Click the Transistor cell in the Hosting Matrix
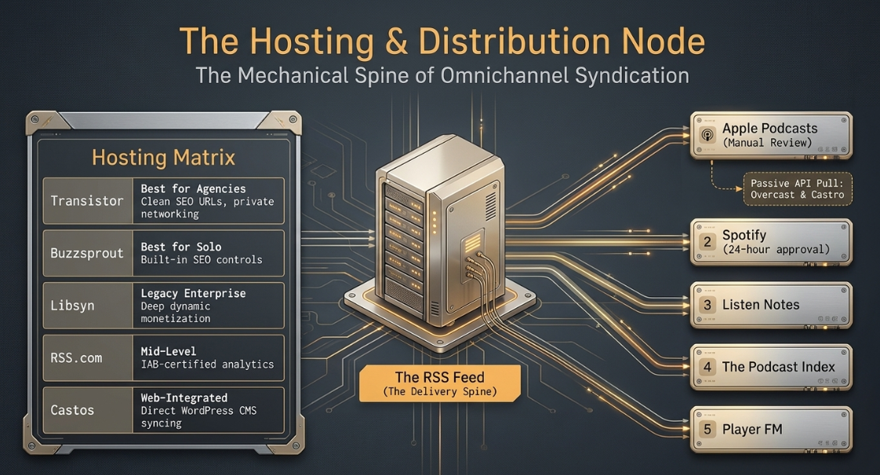click(87, 201)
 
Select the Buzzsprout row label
click(87, 253)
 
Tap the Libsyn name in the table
click(72, 306)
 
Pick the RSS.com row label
click(76, 357)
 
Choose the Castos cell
click(87, 410)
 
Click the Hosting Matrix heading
click(163, 158)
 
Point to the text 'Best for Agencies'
click(193, 188)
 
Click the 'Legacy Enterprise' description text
click(193, 293)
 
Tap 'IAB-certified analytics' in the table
click(207, 364)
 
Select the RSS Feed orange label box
click(440, 383)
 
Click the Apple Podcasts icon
click(707, 135)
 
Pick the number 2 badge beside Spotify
click(707, 241)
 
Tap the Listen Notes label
click(761, 304)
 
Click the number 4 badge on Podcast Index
click(707, 367)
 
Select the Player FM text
click(752, 430)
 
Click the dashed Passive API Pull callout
click(798, 189)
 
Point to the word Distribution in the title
click(514, 42)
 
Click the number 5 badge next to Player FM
click(707, 430)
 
